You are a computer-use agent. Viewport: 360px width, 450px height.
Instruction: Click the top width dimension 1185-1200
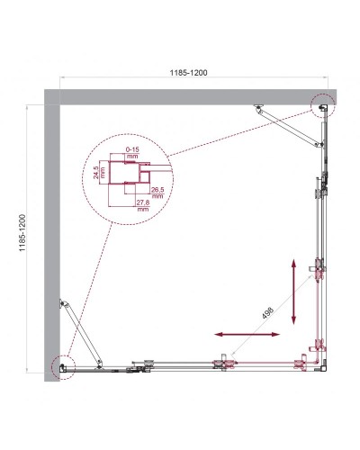pos(196,73)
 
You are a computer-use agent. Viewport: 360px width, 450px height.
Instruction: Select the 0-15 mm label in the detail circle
pos(132,152)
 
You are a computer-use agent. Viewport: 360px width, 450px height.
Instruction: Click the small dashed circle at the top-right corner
pos(320,106)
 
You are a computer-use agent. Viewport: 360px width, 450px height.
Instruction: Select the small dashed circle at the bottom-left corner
pos(62,364)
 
